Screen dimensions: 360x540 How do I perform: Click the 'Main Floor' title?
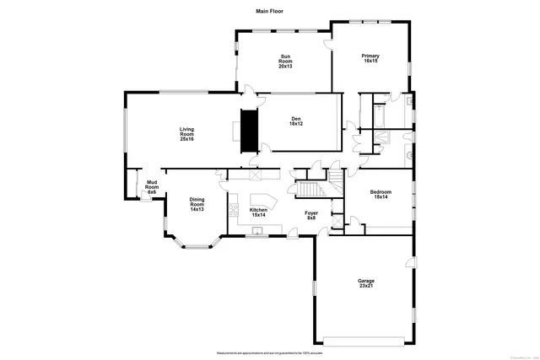[x=269, y=11]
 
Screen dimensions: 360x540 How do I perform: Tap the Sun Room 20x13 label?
[x=286, y=61]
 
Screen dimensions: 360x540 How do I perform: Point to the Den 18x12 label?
[x=296, y=121]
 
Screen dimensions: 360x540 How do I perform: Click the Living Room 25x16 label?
[x=186, y=133]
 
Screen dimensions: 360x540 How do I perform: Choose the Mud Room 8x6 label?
[x=153, y=187]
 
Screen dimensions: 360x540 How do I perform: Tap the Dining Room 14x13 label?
[x=197, y=204]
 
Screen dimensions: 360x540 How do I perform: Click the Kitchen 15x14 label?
[x=258, y=212]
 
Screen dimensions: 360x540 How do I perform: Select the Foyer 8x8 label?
[x=310, y=218]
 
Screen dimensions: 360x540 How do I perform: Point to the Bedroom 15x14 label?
[x=380, y=194]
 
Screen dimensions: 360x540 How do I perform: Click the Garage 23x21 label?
[x=365, y=284]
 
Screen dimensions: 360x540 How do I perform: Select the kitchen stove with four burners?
[x=233, y=212]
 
